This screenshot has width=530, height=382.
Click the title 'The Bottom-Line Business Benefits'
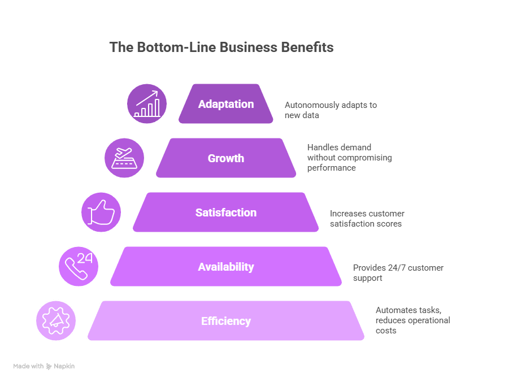pyautogui.click(x=221, y=47)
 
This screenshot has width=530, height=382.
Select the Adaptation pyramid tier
pyautogui.click(x=226, y=104)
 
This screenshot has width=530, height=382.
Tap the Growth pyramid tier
pyautogui.click(x=226, y=158)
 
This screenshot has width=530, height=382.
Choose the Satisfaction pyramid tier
pyautogui.click(x=226, y=212)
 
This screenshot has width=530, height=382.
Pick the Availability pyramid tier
pyautogui.click(x=226, y=267)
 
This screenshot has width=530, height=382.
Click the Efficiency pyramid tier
pyautogui.click(x=226, y=321)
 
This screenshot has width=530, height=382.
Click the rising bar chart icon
pyautogui.click(x=147, y=104)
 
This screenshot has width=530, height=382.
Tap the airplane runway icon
pyautogui.click(x=124, y=158)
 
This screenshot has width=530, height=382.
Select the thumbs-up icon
pyautogui.click(x=102, y=212)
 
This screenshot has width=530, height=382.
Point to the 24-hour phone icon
pyautogui.click(x=79, y=267)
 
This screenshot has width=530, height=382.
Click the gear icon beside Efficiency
pyautogui.click(x=57, y=321)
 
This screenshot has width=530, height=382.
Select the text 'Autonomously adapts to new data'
pyautogui.click(x=331, y=110)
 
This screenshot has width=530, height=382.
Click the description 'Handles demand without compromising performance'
pyautogui.click(x=349, y=158)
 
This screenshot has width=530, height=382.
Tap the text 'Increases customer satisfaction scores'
pyautogui.click(x=367, y=219)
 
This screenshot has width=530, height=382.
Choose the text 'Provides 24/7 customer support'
pyautogui.click(x=398, y=272)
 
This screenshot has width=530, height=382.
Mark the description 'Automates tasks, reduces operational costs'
pyautogui.click(x=412, y=320)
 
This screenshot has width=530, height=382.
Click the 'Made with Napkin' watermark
pyautogui.click(x=44, y=366)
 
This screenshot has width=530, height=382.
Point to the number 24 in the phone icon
pyautogui.click(x=85, y=258)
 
